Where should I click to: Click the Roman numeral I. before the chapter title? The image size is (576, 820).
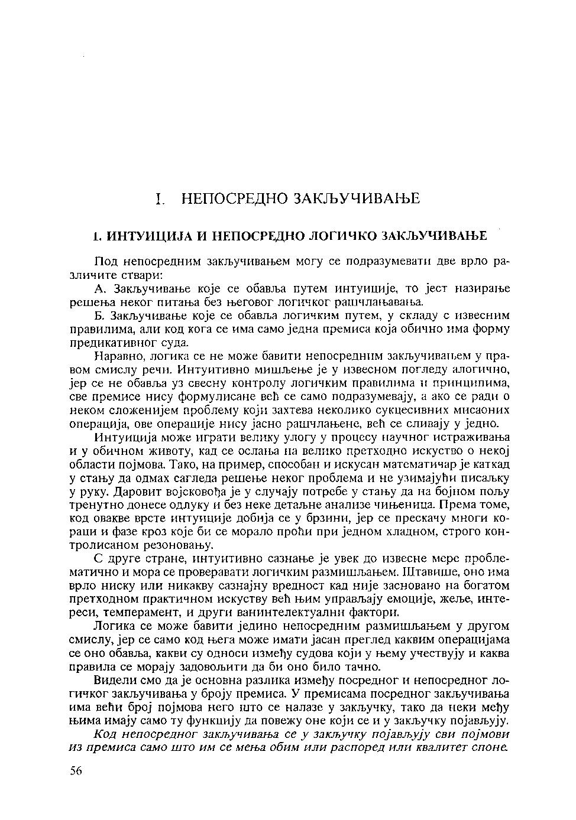pyautogui.click(x=158, y=199)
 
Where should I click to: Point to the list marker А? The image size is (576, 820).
pyautogui.click(x=99, y=289)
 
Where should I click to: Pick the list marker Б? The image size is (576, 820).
pyautogui.click(x=99, y=316)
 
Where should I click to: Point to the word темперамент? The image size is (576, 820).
pyautogui.click(x=140, y=613)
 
